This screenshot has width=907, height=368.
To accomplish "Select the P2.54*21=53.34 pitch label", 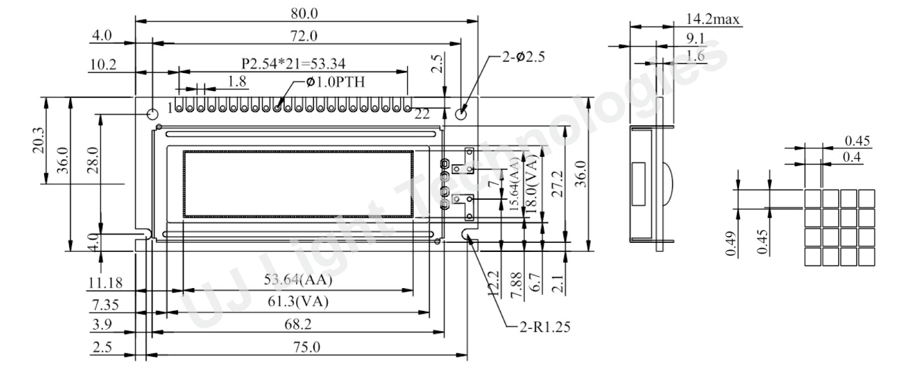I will tap(294, 63).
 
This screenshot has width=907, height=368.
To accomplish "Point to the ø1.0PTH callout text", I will tap(335, 82).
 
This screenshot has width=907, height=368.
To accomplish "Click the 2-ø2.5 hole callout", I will tap(523, 57).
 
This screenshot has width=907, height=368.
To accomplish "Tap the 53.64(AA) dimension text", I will tap(298, 280).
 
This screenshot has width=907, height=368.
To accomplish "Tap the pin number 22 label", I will tap(422, 114).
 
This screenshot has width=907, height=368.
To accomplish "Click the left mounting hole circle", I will tap(152, 114).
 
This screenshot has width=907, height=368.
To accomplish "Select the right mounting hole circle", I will tap(461, 114).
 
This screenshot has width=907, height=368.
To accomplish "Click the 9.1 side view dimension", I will tap(695, 38).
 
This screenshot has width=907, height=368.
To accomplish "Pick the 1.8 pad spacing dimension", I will tap(236, 82).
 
